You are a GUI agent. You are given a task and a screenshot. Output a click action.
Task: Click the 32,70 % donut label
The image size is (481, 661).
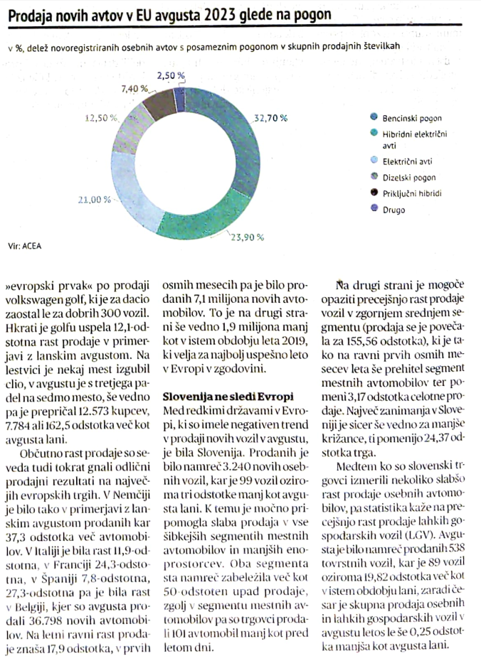click(270, 118)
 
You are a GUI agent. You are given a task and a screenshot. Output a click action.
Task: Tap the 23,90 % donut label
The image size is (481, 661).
click(247, 237)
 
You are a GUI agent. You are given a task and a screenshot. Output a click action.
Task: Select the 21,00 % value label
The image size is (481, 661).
click(95, 200)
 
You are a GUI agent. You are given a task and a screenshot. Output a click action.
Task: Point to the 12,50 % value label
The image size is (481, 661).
click(101, 118)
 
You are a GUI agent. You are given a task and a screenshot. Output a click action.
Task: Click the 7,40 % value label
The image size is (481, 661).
click(134, 89)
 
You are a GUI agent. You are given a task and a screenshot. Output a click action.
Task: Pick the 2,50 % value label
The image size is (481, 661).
click(171, 75)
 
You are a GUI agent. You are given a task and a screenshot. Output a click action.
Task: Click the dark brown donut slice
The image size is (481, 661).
click(158, 105)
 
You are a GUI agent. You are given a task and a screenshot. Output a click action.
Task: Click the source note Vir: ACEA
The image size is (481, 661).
click(24, 246)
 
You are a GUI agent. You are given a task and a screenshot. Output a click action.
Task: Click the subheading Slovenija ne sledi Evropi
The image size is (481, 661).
click(228, 397)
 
